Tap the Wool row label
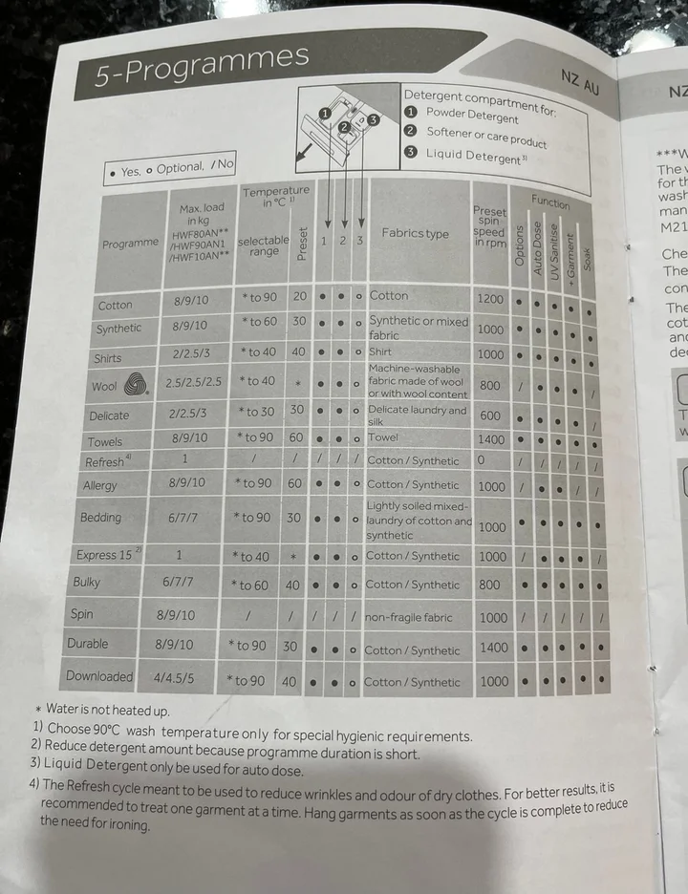pos(104,387)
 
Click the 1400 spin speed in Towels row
pos(491,438)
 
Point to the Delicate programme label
pos(109,415)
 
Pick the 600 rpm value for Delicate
pos(490,415)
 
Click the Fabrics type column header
pos(415,233)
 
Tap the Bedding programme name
pos(101,518)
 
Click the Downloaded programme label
pos(99,676)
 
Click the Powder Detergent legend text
pos(472,116)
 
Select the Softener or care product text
pos(486,137)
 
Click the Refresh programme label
pos(105,462)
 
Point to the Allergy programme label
pos(100,485)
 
